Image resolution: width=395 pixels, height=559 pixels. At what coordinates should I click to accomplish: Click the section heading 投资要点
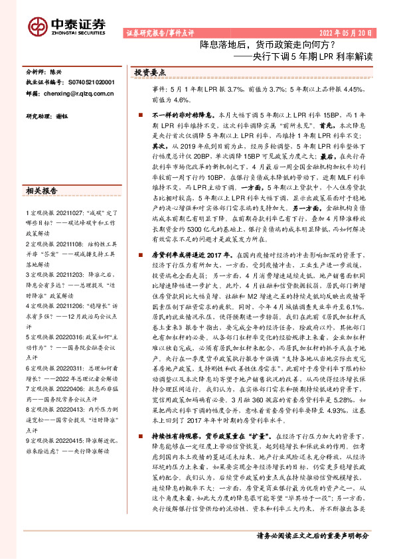coord(150,72)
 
